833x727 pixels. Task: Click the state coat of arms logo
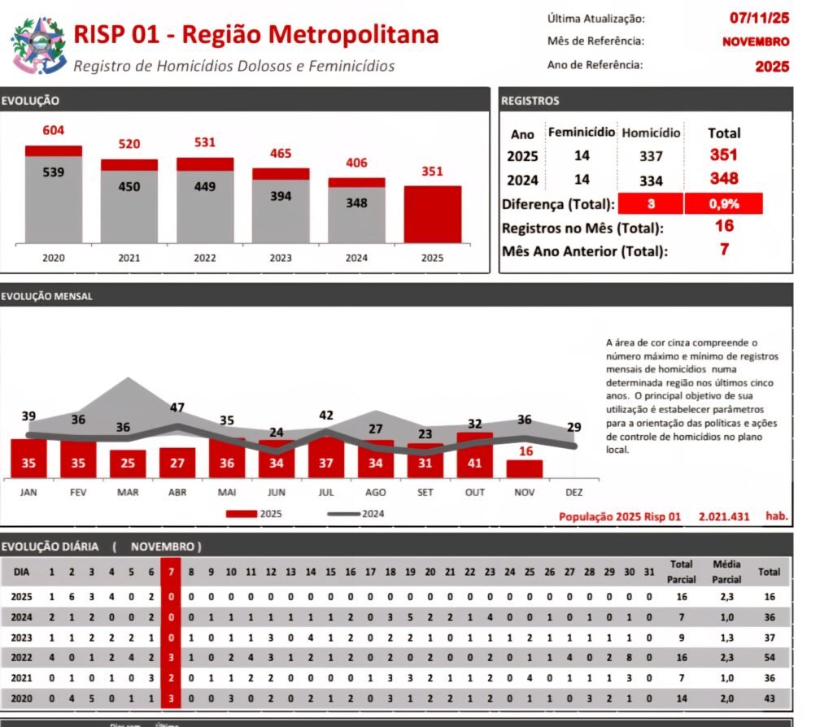[37, 45]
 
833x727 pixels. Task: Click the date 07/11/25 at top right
[759, 17]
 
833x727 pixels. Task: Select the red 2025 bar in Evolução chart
[432, 214]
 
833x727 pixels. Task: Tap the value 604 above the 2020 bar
[54, 130]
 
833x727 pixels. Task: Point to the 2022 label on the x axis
[204, 258]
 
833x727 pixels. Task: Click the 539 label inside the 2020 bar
[54, 172]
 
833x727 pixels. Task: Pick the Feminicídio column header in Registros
[581, 132]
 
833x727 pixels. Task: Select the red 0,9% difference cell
[723, 203]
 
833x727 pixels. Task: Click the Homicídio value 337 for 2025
[651, 156]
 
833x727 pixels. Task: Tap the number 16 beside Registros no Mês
[724, 227]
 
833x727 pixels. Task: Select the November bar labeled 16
[525, 468]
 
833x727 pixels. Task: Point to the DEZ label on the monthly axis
[574, 492]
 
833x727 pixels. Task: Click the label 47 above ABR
[177, 407]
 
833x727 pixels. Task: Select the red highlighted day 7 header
[171, 572]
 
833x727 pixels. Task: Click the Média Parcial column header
[726, 572]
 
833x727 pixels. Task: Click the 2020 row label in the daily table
[22, 698]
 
